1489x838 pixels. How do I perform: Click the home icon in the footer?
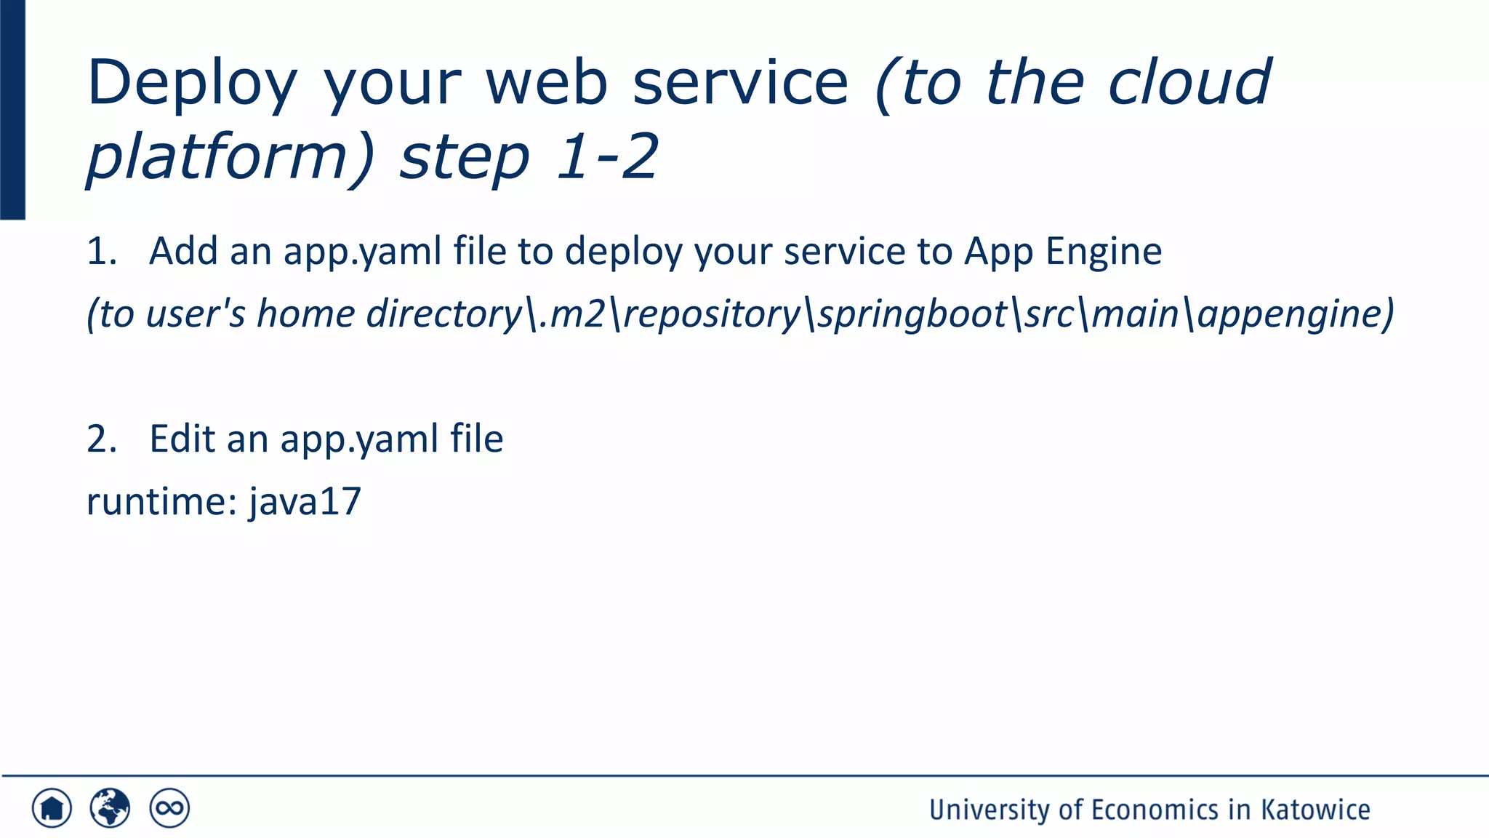(52, 808)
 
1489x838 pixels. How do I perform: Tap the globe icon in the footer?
(110, 808)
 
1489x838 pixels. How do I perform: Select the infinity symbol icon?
(169, 808)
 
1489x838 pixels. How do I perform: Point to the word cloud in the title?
(1189, 81)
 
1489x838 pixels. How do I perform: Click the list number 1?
(100, 252)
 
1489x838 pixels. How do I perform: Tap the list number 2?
(100, 439)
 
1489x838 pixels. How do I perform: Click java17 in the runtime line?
(305, 502)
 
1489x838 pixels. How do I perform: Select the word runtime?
(162, 502)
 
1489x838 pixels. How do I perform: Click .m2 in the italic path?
(571, 314)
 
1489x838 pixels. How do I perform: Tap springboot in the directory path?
(912, 314)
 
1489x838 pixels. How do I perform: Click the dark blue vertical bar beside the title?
(12, 109)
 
